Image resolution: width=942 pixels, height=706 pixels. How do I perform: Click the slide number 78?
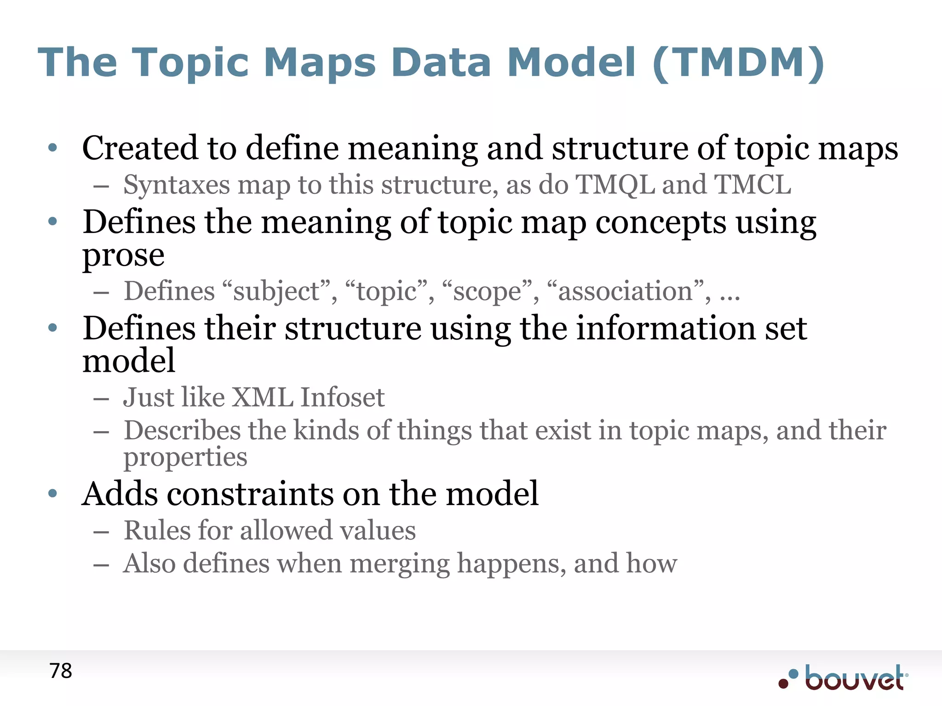coord(61,671)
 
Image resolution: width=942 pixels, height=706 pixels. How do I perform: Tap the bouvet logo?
coord(844,678)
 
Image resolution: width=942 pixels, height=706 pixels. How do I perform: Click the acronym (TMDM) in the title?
coord(738,63)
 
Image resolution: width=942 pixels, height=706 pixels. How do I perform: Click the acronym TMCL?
coord(752,185)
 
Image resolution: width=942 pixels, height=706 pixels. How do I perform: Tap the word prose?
coord(123,256)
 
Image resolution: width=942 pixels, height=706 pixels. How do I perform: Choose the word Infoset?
coord(342,398)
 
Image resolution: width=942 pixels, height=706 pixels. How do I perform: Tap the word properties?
coord(185,458)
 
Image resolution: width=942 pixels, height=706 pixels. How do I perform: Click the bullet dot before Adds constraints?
coord(53,494)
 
